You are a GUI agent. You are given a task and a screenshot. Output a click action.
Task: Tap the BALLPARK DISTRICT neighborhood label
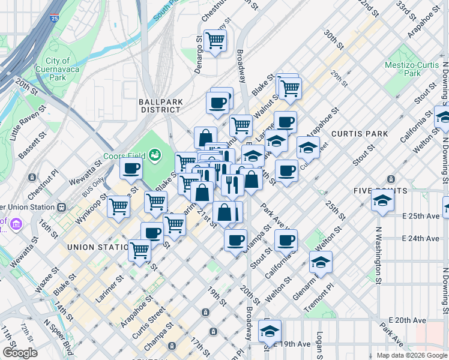click(x=160, y=106)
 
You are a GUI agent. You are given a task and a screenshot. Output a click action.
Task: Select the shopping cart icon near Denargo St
click(x=214, y=41)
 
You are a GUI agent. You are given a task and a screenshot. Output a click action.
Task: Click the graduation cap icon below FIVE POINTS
click(x=382, y=200)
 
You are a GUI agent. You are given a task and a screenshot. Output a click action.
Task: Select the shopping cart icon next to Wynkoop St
click(x=119, y=206)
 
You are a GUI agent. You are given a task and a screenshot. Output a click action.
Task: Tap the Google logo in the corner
click(x=20, y=353)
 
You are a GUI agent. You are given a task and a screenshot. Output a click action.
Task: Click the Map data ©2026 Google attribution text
click(x=411, y=355)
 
